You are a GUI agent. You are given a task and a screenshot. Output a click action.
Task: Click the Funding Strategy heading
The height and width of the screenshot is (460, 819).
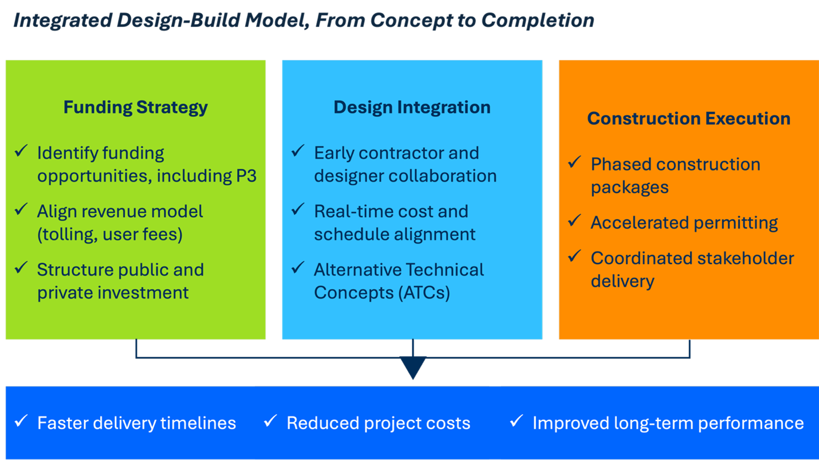(135, 107)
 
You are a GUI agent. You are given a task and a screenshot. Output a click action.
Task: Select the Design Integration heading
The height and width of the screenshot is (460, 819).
(412, 107)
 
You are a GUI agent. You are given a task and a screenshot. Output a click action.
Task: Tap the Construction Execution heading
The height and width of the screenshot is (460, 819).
(688, 119)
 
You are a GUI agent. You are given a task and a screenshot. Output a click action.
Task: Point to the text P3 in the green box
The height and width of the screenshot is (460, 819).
(246, 176)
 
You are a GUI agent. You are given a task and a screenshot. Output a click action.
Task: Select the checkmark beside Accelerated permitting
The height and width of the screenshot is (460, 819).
(574, 221)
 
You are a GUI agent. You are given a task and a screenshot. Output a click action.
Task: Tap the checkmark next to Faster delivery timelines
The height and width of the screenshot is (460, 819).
(21, 422)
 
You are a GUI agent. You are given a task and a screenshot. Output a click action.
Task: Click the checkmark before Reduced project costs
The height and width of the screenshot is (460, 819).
(270, 422)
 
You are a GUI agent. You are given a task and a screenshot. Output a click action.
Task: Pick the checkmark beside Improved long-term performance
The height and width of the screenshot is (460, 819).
(516, 422)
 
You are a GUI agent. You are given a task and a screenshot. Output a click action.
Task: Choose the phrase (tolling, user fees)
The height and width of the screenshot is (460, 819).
(110, 234)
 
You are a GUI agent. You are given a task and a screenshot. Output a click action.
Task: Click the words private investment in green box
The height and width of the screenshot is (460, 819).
(113, 293)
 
